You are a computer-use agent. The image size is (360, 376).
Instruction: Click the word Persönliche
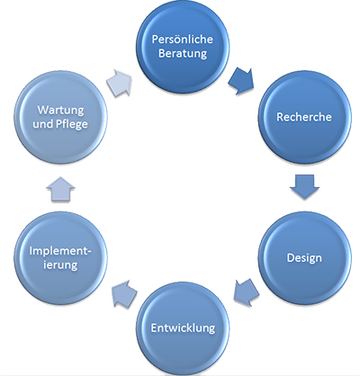tap(183, 40)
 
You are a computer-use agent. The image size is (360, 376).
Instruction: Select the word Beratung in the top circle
tap(183, 54)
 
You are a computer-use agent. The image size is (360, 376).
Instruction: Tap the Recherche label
tap(304, 117)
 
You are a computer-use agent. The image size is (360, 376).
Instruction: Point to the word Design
tap(304, 258)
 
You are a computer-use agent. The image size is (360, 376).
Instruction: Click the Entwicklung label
tap(183, 328)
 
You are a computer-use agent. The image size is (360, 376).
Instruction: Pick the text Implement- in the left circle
tap(60, 251)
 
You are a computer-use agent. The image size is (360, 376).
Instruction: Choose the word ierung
tap(60, 265)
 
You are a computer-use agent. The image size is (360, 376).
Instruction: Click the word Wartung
tap(60, 111)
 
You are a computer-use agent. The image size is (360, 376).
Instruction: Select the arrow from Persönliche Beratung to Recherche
tap(241, 81)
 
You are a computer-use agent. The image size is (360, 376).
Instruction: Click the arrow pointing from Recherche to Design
tap(304, 186)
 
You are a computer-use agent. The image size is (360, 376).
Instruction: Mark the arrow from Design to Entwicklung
tap(246, 292)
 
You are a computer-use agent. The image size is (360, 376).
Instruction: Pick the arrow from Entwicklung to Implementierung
tap(124, 293)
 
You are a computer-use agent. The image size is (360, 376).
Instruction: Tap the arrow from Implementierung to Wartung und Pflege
tap(60, 189)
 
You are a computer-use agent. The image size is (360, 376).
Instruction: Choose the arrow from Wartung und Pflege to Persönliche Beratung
tap(119, 83)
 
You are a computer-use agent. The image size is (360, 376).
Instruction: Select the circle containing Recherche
tap(304, 117)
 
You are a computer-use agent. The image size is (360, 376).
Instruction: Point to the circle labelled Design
tap(304, 258)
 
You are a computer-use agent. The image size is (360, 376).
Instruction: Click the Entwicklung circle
tap(183, 328)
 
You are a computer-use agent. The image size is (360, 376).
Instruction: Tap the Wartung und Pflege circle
tap(60, 117)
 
